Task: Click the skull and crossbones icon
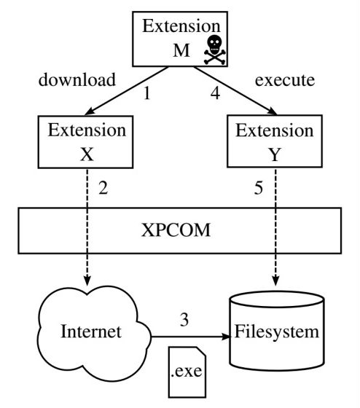pos(214,50)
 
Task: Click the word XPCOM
pos(176,230)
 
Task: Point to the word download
pos(77,79)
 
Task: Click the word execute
pos(285,80)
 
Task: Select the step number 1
pos(147,93)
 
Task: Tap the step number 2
pos(103,188)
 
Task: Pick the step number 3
pos(184,320)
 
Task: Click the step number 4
pos(215,93)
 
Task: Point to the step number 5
pos(258,188)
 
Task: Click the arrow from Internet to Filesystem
pos(191,337)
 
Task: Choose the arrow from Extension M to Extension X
pos(127,91)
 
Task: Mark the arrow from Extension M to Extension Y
pos(235,91)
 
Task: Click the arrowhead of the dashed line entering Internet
pos(87,281)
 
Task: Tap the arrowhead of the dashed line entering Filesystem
pos(275,281)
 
